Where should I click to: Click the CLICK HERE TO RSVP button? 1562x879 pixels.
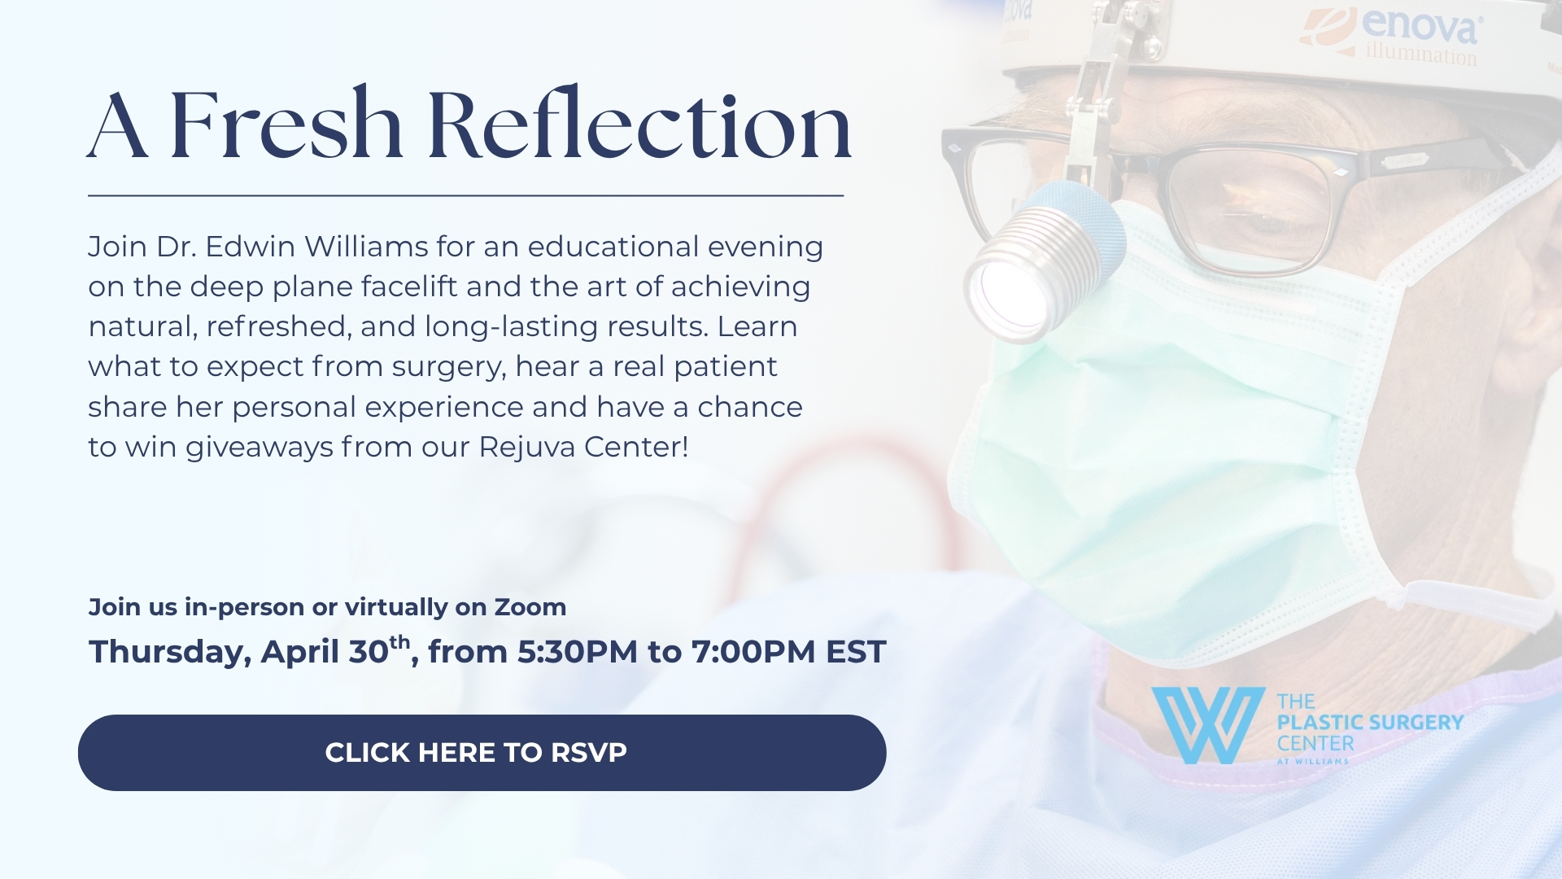(482, 753)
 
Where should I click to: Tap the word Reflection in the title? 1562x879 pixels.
(639, 125)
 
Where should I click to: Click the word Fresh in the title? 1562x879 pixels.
(286, 125)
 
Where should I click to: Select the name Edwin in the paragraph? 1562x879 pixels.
(250, 246)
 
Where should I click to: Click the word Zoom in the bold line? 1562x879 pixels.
(530, 607)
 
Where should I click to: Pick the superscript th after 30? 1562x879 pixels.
(399, 642)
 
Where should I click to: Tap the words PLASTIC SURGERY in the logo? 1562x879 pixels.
(1370, 722)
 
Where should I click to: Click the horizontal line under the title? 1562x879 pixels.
(465, 195)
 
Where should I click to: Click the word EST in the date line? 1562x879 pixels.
(856, 652)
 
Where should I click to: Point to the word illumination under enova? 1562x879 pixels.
(1421, 54)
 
